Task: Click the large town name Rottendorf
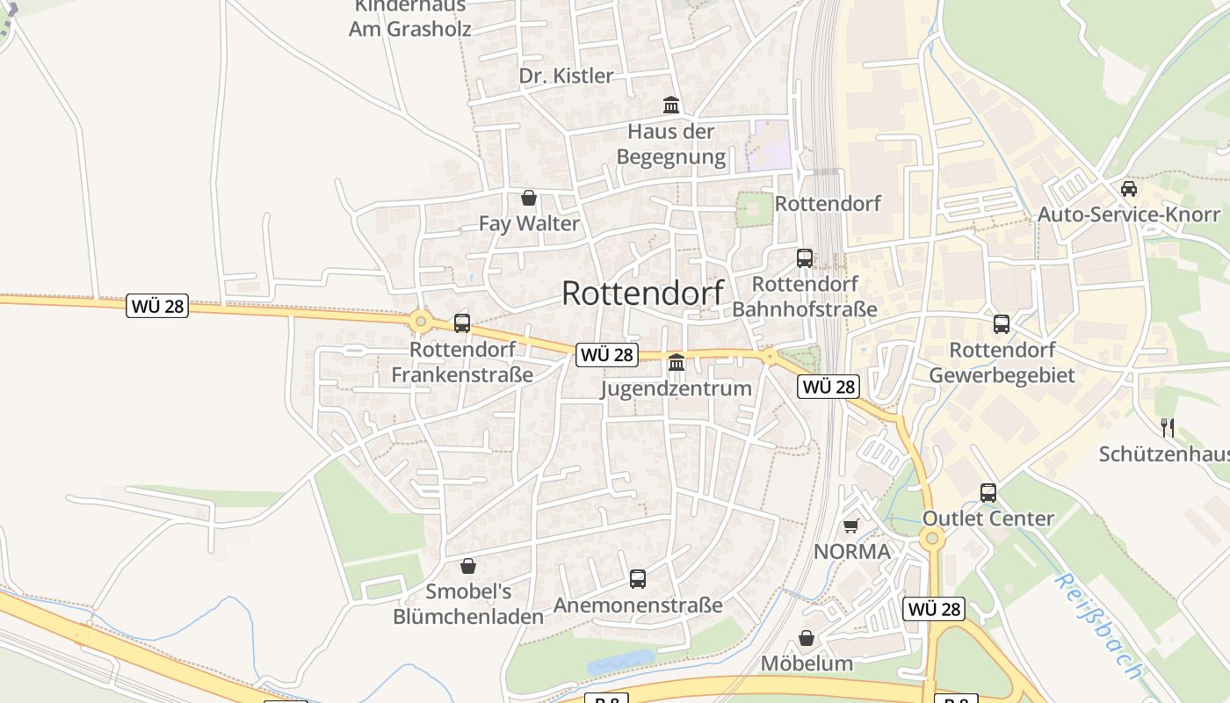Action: (642, 294)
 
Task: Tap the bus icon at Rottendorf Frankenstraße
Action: (462, 323)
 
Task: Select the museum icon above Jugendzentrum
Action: (676, 362)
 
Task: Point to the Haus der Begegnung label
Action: (671, 144)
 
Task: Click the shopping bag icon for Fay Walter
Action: (529, 198)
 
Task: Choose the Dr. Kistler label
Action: (566, 76)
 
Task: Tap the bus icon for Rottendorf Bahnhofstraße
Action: (805, 258)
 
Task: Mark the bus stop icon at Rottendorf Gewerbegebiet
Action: (1002, 324)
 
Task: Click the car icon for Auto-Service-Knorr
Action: (1129, 188)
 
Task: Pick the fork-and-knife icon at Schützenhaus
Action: (1168, 428)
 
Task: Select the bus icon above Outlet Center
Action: (988, 493)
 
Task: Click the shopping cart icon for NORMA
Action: (850, 526)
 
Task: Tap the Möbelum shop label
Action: (807, 663)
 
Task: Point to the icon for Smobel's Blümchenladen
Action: (468, 566)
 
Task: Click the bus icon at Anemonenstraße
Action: (638, 579)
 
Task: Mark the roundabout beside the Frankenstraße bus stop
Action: (421, 322)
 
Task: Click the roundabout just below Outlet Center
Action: (932, 538)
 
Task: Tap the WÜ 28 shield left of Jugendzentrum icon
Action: (606, 355)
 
